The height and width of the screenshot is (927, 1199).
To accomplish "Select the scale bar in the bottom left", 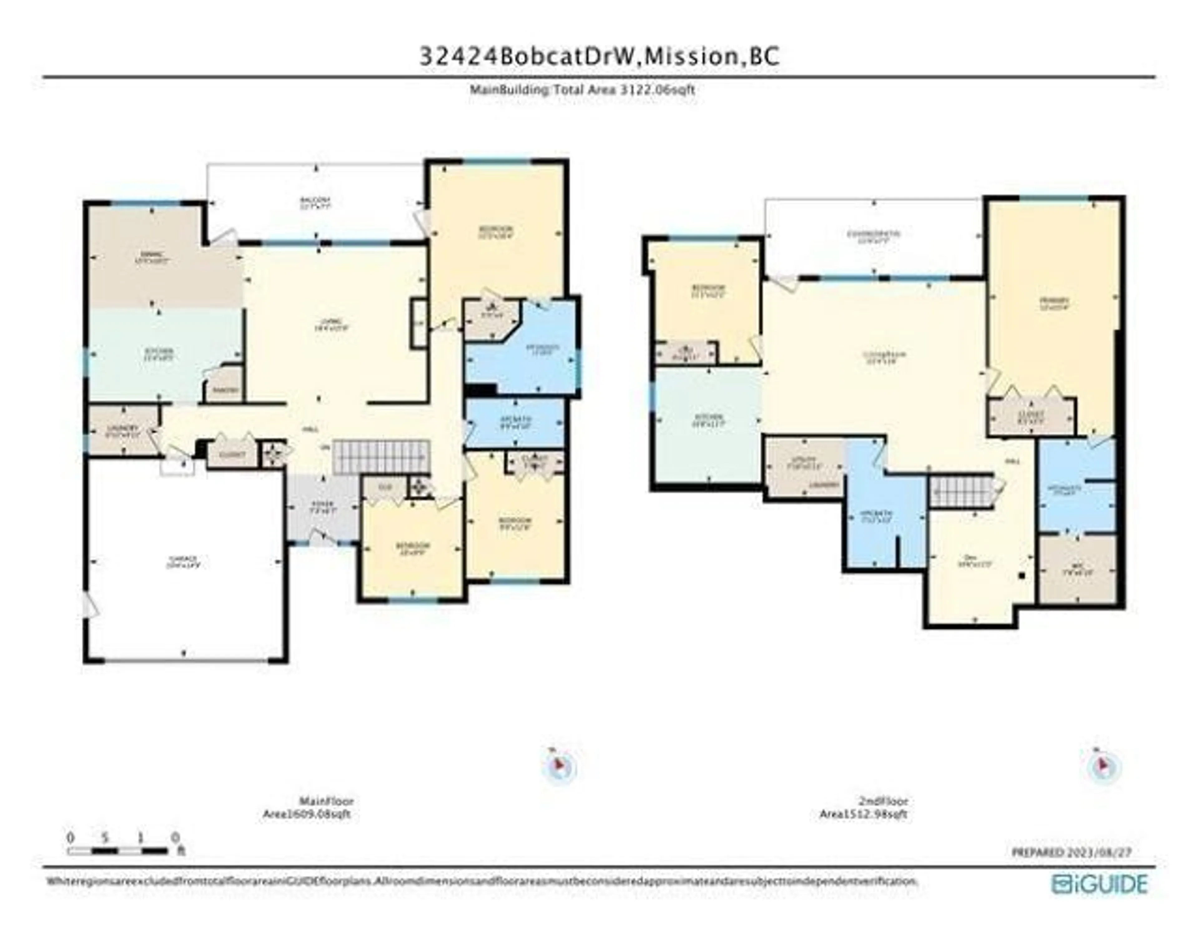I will pos(118,851).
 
